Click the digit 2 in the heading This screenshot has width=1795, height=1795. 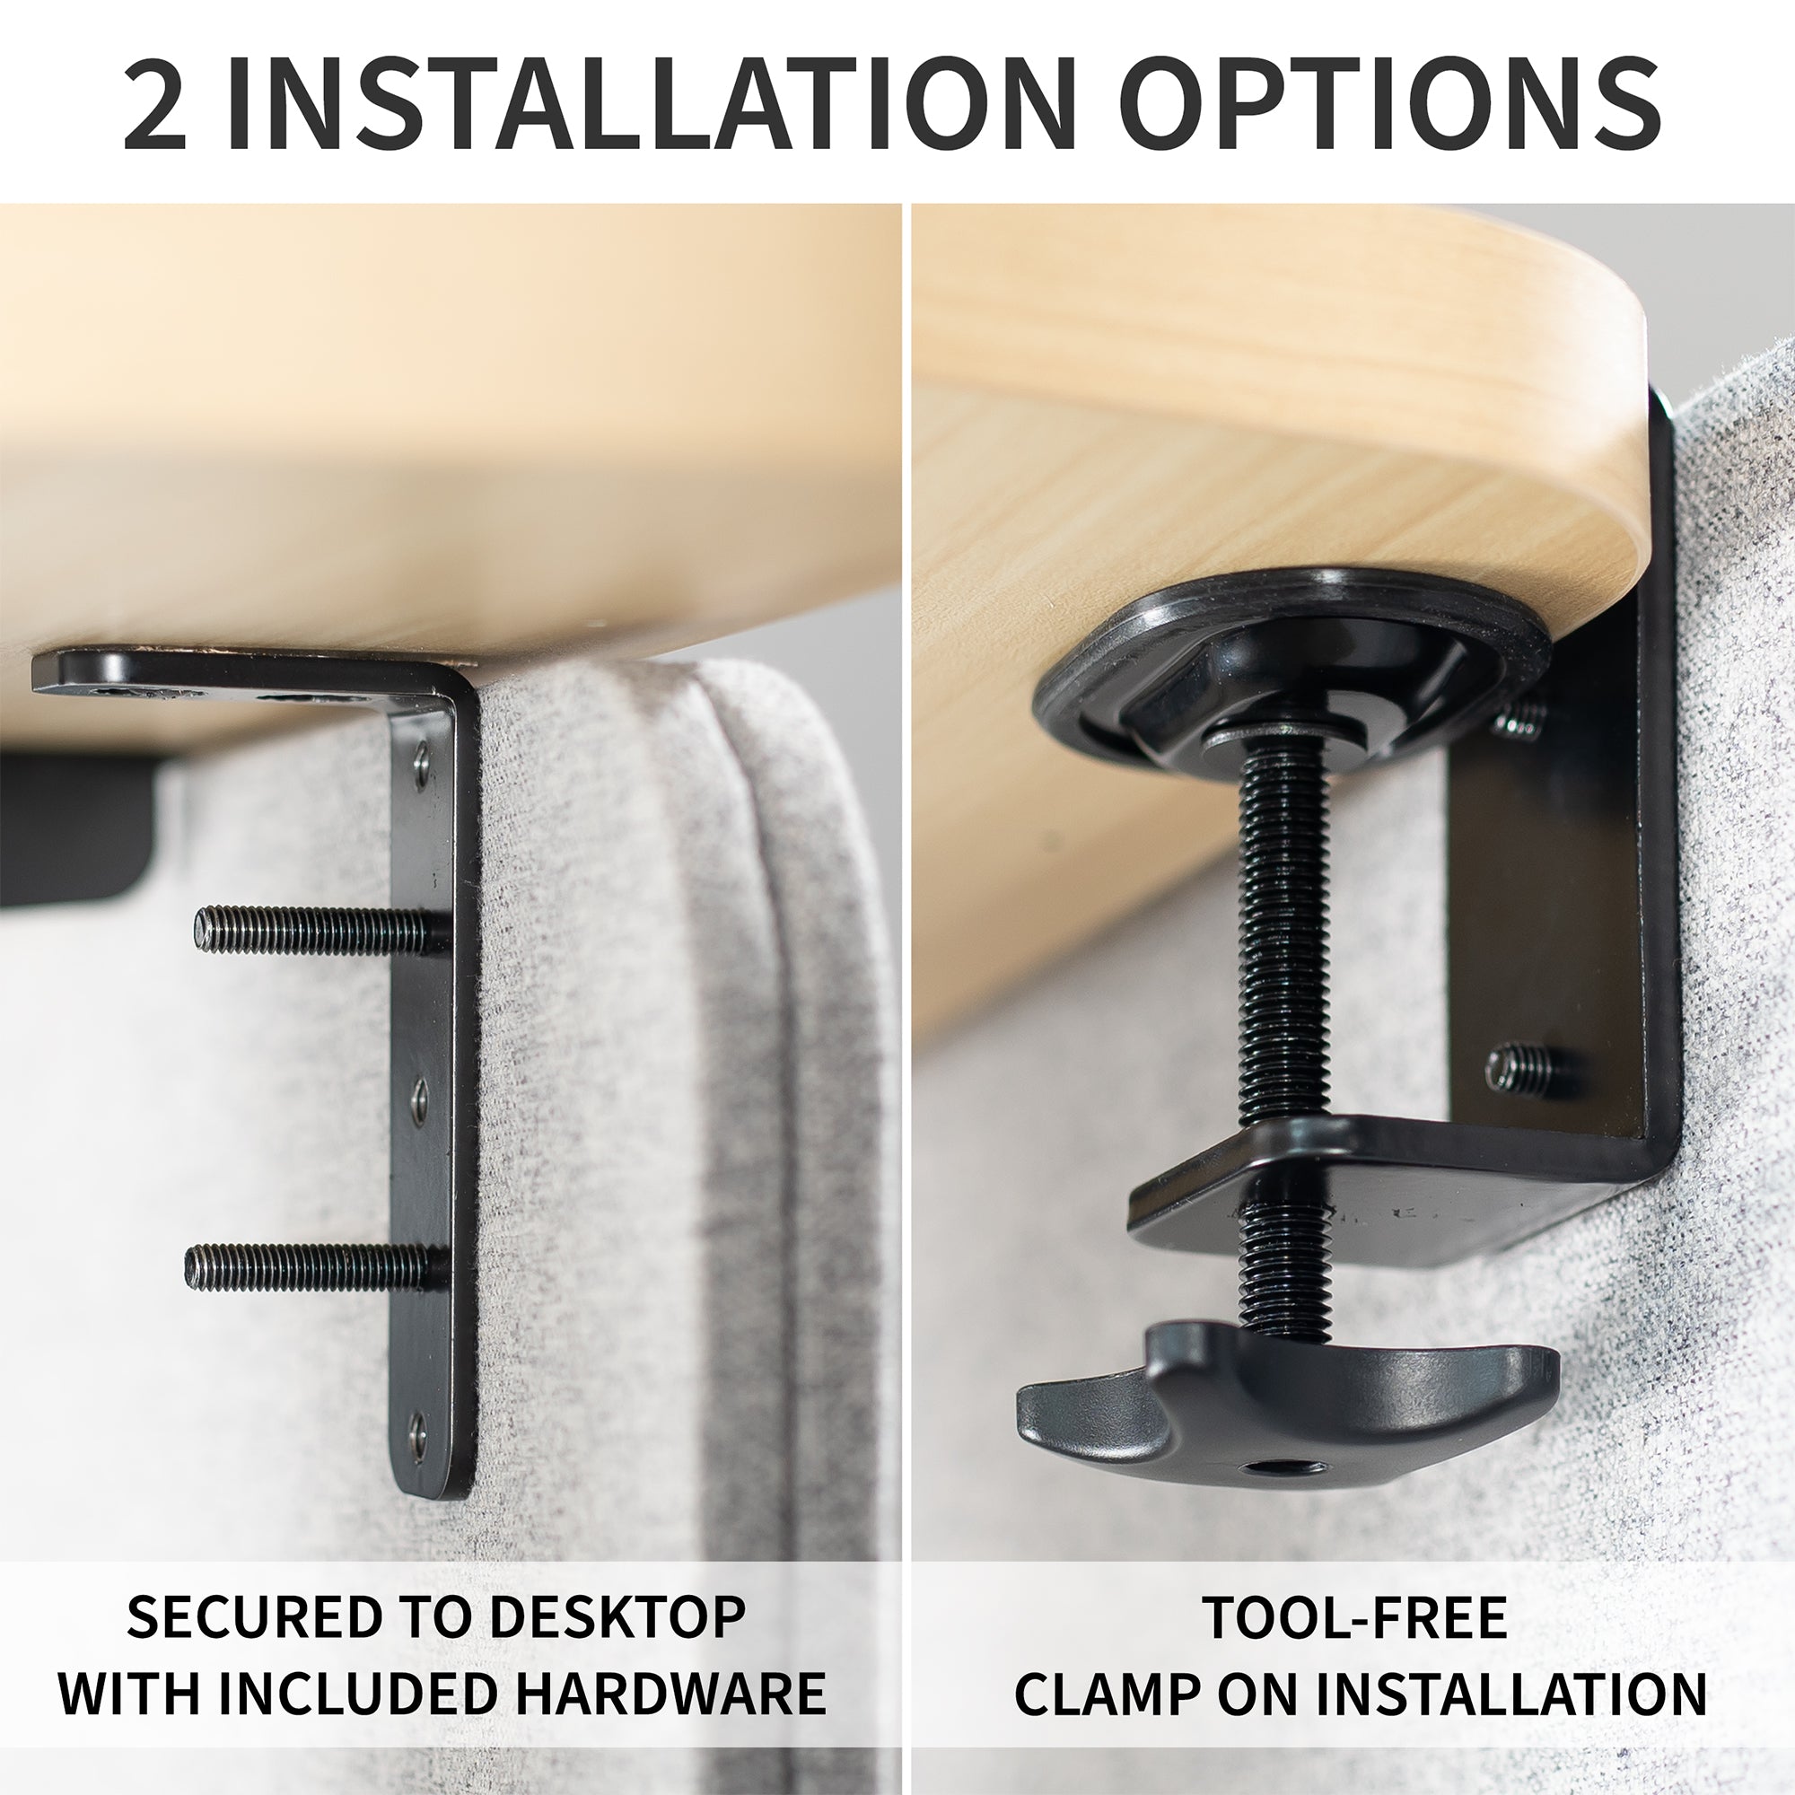pyautogui.click(x=155, y=104)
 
